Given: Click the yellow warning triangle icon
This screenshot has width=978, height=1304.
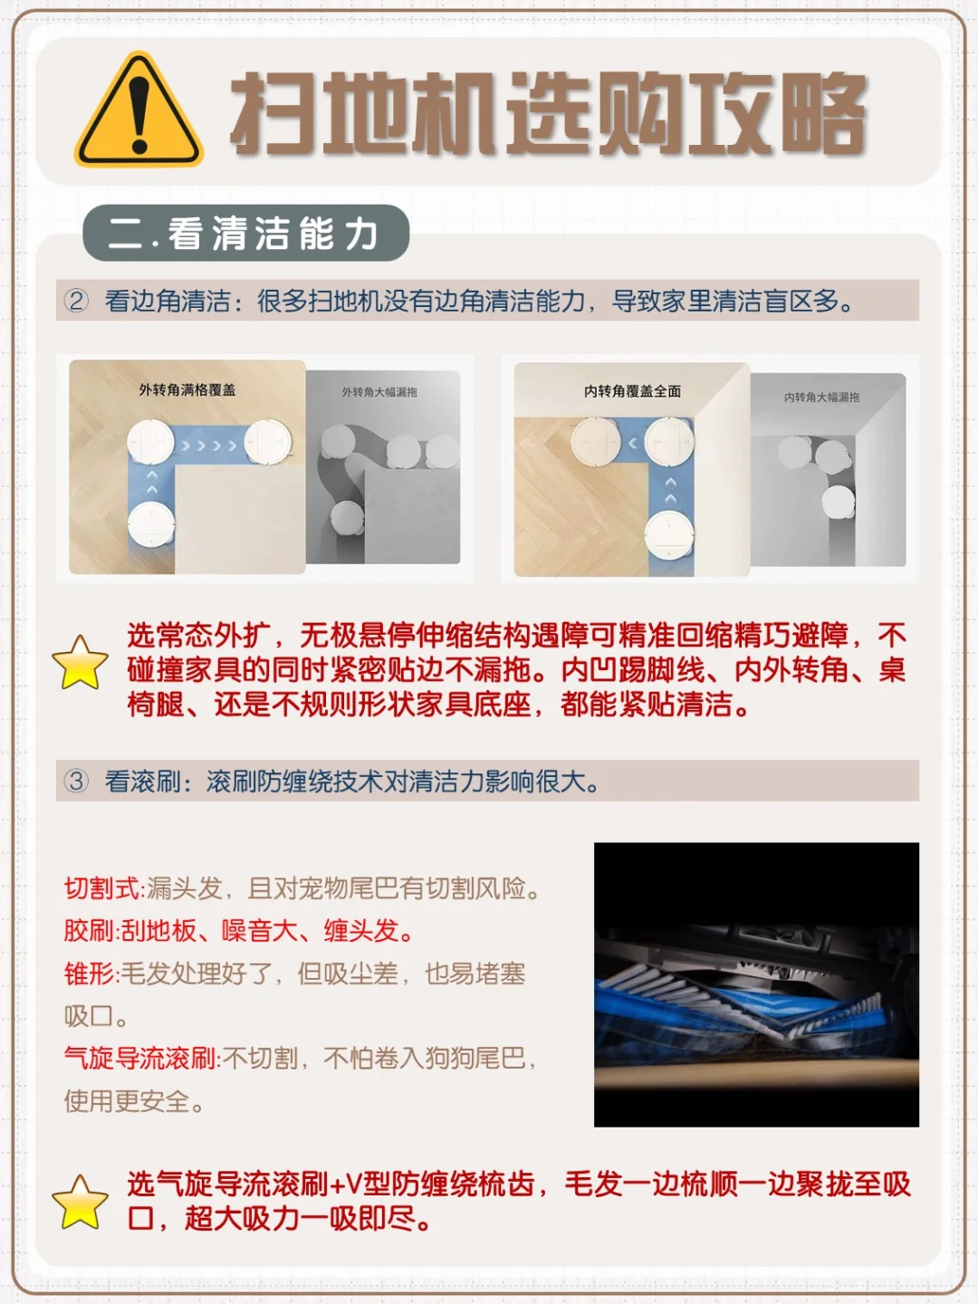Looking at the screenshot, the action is pyautogui.click(x=139, y=110).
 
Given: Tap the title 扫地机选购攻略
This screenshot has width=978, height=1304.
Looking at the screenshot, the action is pyautogui.click(x=549, y=114).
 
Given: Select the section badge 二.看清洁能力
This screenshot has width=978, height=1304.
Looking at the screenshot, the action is pyautogui.click(x=245, y=233).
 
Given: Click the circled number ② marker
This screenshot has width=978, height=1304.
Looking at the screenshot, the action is pyautogui.click(x=76, y=301).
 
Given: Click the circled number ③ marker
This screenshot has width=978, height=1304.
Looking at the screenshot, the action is pyautogui.click(x=76, y=781).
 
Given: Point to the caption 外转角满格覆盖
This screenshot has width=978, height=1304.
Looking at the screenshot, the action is pyautogui.click(x=187, y=389).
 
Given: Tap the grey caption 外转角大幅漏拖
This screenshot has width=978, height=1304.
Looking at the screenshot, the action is pyautogui.click(x=379, y=392).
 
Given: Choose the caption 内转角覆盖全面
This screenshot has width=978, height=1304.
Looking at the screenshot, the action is pyautogui.click(x=632, y=391).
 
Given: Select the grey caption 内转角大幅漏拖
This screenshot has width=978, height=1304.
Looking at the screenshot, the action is pyautogui.click(x=822, y=397).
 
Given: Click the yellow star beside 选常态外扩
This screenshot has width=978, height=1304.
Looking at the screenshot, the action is pyautogui.click(x=81, y=663).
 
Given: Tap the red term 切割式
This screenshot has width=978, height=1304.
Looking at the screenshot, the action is pyautogui.click(x=103, y=889).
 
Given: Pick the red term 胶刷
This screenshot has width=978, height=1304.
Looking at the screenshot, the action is pyautogui.click(x=91, y=931).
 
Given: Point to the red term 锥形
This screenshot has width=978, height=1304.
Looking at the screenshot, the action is pyautogui.click(x=91, y=974).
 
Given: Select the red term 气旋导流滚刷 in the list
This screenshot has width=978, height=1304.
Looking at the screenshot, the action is pyautogui.click(x=141, y=1058).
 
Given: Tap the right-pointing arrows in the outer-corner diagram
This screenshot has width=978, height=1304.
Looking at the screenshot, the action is pyautogui.click(x=209, y=446).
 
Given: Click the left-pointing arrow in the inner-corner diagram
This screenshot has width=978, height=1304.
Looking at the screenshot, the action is pyautogui.click(x=633, y=443).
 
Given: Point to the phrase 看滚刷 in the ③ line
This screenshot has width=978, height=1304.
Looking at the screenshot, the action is pyautogui.click(x=142, y=781).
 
